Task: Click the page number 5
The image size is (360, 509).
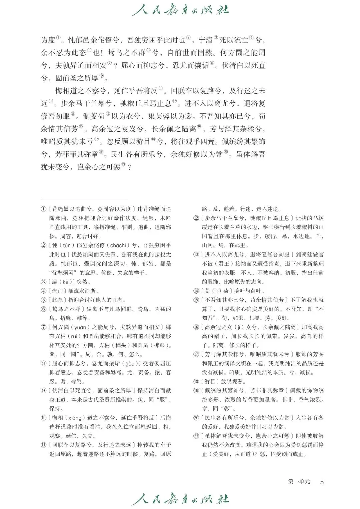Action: tap(322, 482)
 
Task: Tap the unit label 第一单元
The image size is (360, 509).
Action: tap(299, 482)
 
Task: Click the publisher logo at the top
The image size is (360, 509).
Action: tap(180, 10)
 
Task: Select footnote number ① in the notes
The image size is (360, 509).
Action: tap(43, 209)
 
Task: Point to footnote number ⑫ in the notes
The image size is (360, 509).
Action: tap(196, 218)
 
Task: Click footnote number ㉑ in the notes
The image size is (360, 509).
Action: tap(196, 436)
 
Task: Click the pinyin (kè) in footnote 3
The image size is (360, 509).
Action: tap(65, 282)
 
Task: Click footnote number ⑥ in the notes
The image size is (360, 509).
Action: tap(43, 309)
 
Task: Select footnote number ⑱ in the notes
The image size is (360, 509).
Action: tap(196, 381)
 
